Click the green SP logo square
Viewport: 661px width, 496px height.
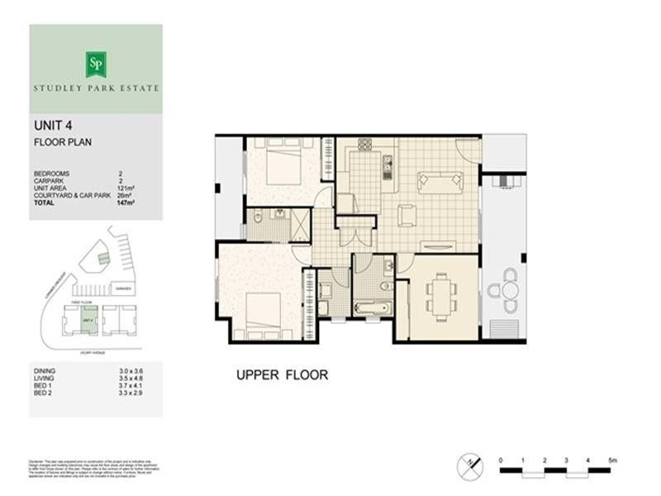tap(96, 64)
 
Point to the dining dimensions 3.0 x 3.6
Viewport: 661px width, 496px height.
tap(131, 371)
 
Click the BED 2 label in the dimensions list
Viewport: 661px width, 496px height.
tap(45, 393)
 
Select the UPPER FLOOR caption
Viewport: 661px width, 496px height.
tap(282, 375)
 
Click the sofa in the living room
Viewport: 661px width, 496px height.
tap(440, 180)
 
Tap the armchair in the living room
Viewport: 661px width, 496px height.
tap(407, 215)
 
